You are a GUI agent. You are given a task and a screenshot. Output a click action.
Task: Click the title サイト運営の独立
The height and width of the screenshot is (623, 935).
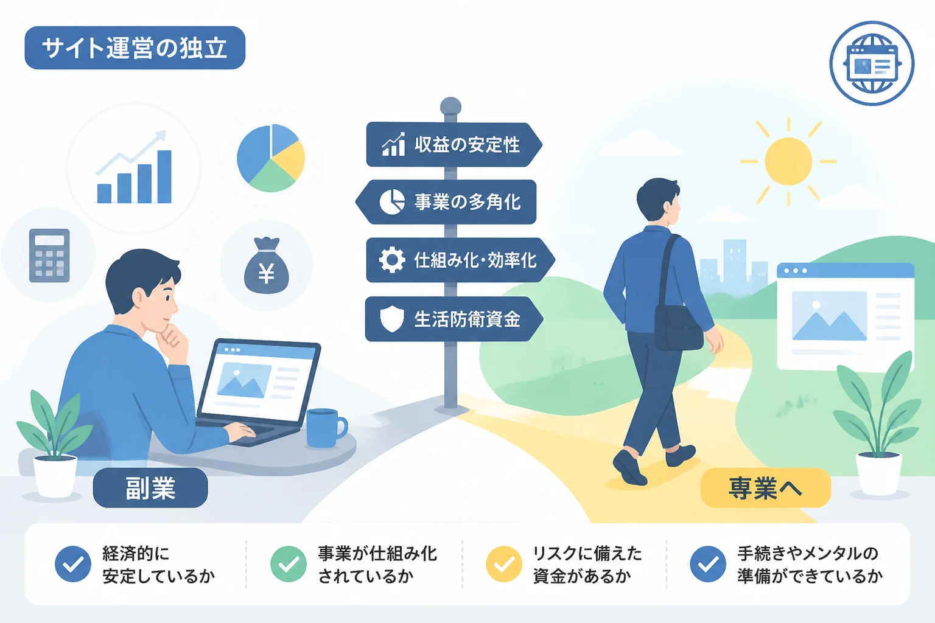tap(135, 47)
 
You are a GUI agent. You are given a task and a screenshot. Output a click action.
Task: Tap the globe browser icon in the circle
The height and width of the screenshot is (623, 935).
tap(872, 63)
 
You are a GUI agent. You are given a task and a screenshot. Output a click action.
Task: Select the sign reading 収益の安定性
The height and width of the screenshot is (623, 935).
tap(454, 145)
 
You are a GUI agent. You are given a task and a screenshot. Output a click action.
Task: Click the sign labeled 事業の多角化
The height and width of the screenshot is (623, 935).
tap(446, 202)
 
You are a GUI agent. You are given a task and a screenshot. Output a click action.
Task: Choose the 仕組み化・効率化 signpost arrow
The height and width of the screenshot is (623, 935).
tap(460, 260)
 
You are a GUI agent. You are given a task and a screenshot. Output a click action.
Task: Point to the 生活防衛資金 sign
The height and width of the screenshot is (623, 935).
tap(453, 319)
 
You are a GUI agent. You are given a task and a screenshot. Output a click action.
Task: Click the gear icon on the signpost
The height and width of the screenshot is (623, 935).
tap(391, 260)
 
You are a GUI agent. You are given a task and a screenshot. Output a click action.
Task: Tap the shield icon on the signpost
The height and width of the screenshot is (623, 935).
tap(392, 319)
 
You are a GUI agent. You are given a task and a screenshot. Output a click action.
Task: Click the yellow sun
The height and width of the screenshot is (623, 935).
tap(788, 161)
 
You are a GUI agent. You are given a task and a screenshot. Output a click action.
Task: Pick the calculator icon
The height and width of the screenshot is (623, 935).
tap(49, 256)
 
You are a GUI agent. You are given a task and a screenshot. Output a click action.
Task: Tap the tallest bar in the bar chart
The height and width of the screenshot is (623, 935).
tap(164, 176)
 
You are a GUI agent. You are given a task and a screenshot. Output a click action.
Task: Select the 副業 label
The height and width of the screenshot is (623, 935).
tap(150, 488)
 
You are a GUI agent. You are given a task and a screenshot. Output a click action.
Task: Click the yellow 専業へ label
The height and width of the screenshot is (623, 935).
tap(766, 488)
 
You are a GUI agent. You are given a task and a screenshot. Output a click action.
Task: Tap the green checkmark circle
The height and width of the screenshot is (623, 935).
tap(289, 564)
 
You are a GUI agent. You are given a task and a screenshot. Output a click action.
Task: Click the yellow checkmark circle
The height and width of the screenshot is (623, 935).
tap(504, 564)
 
